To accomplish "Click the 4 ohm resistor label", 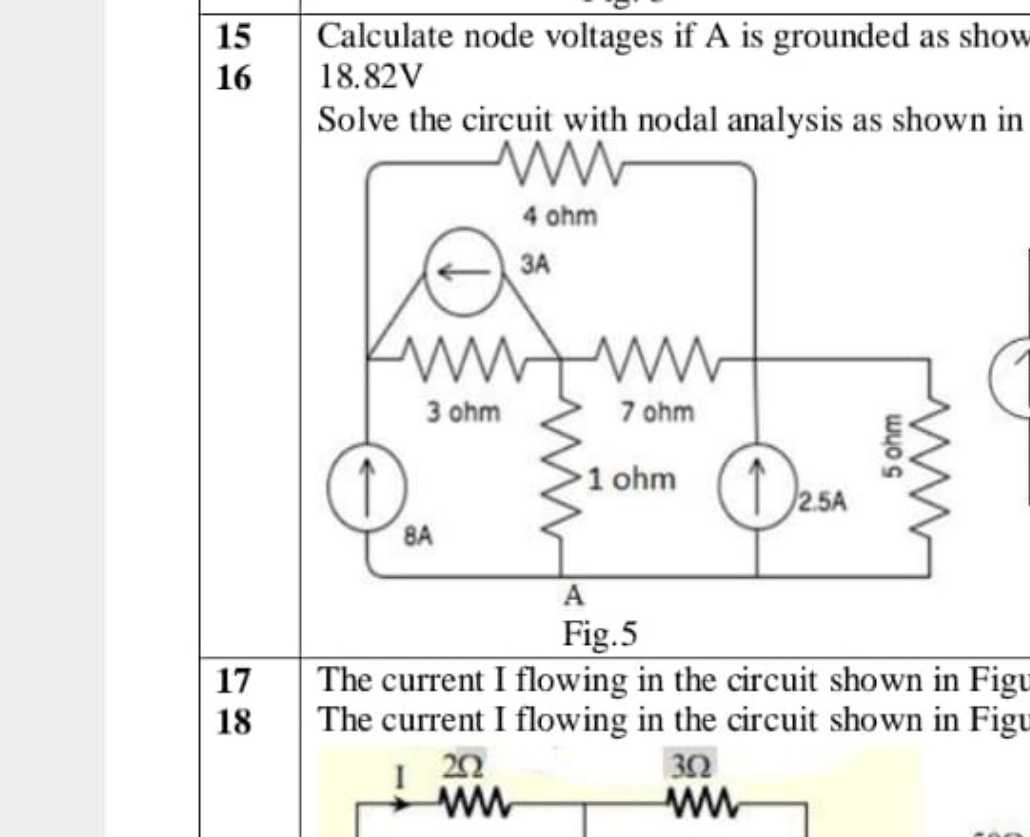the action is (x=560, y=217).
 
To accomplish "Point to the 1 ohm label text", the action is (x=631, y=479).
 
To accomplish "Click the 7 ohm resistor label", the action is (x=657, y=412).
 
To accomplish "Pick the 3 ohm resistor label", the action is (x=463, y=412).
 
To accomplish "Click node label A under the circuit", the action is (x=573, y=596).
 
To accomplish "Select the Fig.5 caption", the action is (x=600, y=634).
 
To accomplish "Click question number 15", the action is (x=234, y=37).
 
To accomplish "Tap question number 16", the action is (x=234, y=78).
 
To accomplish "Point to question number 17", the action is (x=234, y=681).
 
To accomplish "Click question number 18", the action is (x=234, y=722).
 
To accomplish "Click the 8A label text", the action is (x=419, y=537).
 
